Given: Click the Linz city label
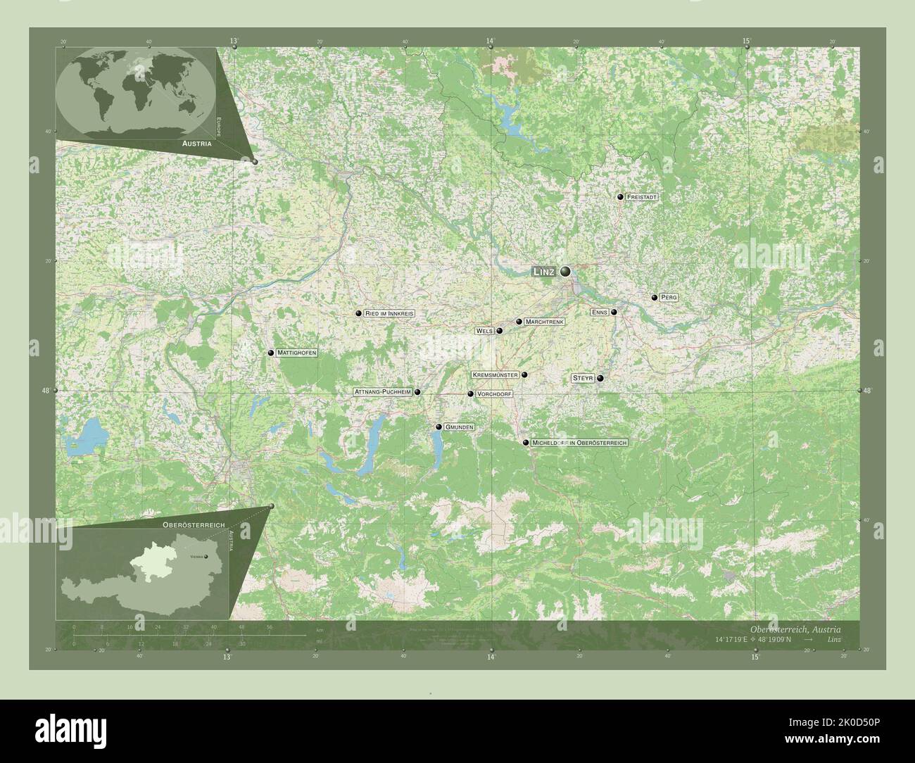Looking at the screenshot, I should pos(544,272).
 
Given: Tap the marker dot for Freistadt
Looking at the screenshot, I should pos(620,198).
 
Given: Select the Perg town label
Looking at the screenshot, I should pos(669,298).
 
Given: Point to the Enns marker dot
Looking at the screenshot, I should pos(614,312).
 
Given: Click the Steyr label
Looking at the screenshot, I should pos(583,379).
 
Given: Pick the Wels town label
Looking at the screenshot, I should pos(484,330).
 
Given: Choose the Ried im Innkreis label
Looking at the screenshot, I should pos(389,313).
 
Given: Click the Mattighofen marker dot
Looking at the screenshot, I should pos(270,353).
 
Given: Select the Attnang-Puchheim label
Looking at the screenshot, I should pos(383,392).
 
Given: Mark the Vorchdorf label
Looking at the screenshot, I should pos(494,394).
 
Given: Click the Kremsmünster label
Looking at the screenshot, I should pos(495,375).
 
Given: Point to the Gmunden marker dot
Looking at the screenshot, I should pos(438,427).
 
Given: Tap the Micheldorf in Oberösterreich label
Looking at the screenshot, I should pos(579,443).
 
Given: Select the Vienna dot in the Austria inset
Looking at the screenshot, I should pos(206,557).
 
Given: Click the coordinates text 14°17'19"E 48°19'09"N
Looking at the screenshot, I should pos(752,639).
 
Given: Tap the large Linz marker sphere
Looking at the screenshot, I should pos(565,271).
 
